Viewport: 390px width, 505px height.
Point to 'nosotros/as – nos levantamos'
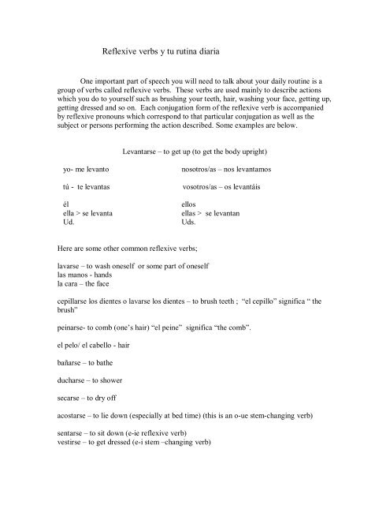[226, 169]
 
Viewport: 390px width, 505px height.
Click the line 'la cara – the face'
[76, 283]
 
